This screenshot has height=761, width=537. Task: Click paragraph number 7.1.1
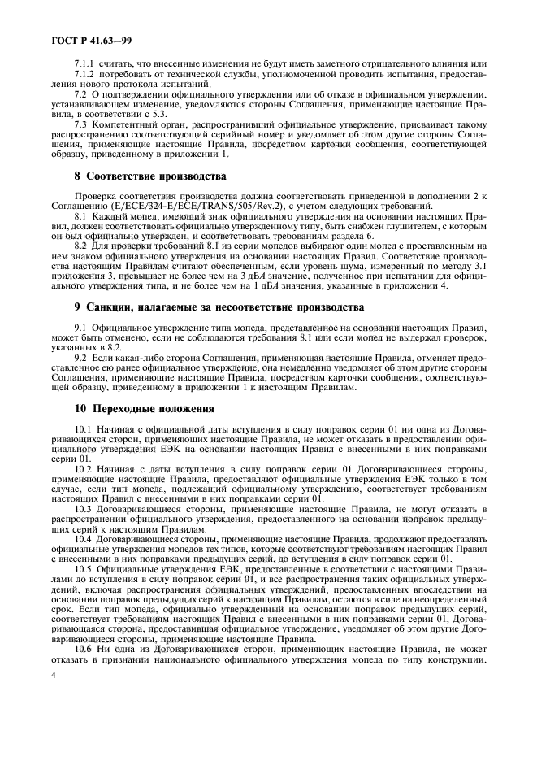pos(85,63)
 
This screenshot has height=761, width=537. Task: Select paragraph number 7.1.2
pos(85,74)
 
